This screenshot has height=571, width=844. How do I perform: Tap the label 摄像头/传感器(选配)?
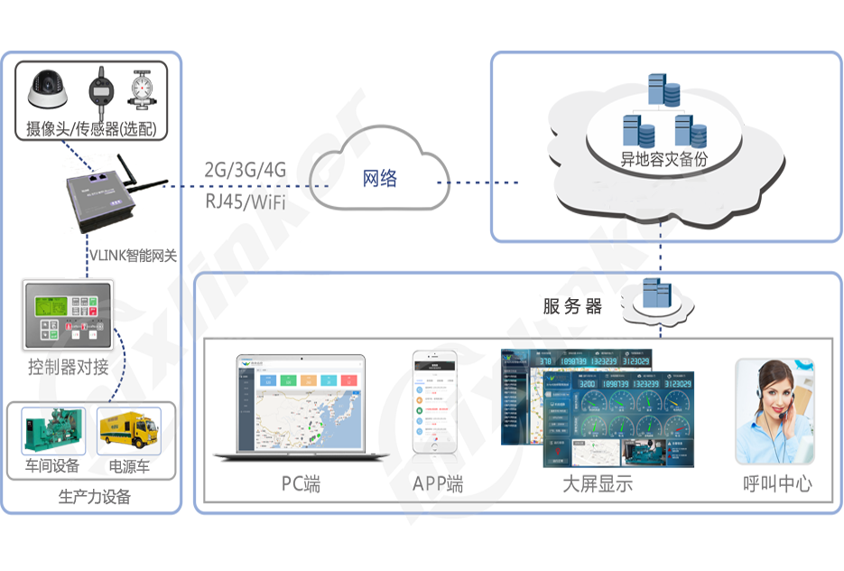91,129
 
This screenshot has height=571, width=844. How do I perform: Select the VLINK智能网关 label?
132,256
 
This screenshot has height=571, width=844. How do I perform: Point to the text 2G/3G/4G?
245,169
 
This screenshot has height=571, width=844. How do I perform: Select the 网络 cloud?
379,178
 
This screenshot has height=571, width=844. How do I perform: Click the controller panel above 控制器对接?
66,316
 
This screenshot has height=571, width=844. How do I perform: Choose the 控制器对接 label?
68,367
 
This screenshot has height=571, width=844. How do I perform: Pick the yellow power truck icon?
128,433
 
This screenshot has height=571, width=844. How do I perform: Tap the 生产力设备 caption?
94,496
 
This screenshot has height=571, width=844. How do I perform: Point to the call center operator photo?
774,411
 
